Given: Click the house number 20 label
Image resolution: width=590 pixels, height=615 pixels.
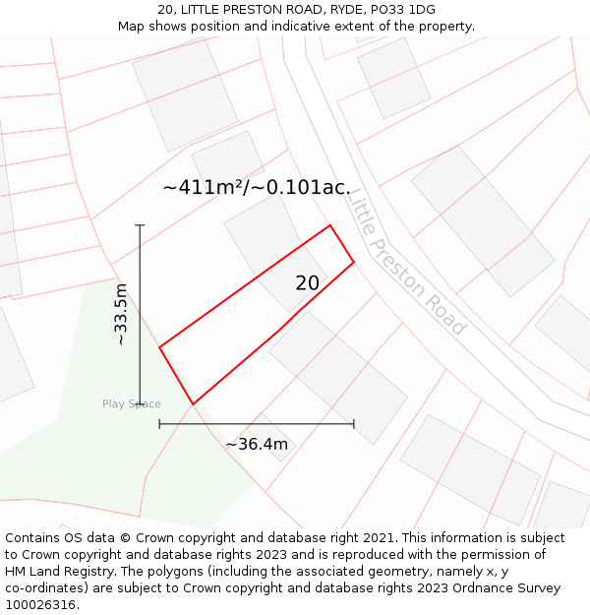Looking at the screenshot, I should pyautogui.click(x=307, y=283).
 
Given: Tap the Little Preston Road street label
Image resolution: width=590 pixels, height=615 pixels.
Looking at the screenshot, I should pyautogui.click(x=406, y=261).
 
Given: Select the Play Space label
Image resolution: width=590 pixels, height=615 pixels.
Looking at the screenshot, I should pyautogui.click(x=131, y=404).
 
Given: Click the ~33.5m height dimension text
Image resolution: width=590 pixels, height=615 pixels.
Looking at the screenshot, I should pyautogui.click(x=121, y=314).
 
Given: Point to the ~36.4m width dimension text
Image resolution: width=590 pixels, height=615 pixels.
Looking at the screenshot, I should pyautogui.click(x=257, y=444).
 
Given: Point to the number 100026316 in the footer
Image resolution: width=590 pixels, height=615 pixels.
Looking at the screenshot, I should pyautogui.click(x=40, y=605).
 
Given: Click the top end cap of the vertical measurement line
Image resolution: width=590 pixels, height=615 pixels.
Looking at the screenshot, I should pyautogui.click(x=140, y=225).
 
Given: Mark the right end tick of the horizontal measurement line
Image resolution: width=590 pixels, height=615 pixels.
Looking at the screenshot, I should pyautogui.click(x=354, y=424).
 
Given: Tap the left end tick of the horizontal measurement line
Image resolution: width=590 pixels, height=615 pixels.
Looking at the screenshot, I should pyautogui.click(x=159, y=424).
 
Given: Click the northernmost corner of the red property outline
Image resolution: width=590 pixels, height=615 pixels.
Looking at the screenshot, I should pyautogui.click(x=329, y=225).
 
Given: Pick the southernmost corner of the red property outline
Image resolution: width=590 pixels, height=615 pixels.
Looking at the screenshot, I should pyautogui.click(x=193, y=403).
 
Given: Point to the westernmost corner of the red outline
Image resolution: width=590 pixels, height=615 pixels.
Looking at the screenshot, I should pyautogui.click(x=159, y=346).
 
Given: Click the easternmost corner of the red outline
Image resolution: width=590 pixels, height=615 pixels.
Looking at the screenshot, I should pyautogui.click(x=354, y=262).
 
